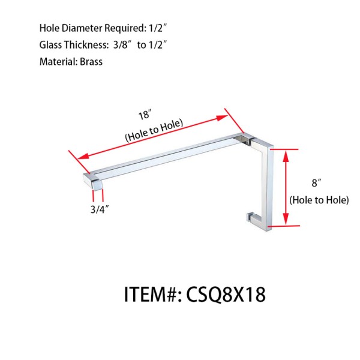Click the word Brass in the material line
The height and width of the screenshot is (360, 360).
[x=90, y=62]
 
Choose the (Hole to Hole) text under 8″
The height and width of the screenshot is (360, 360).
[x=319, y=200]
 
